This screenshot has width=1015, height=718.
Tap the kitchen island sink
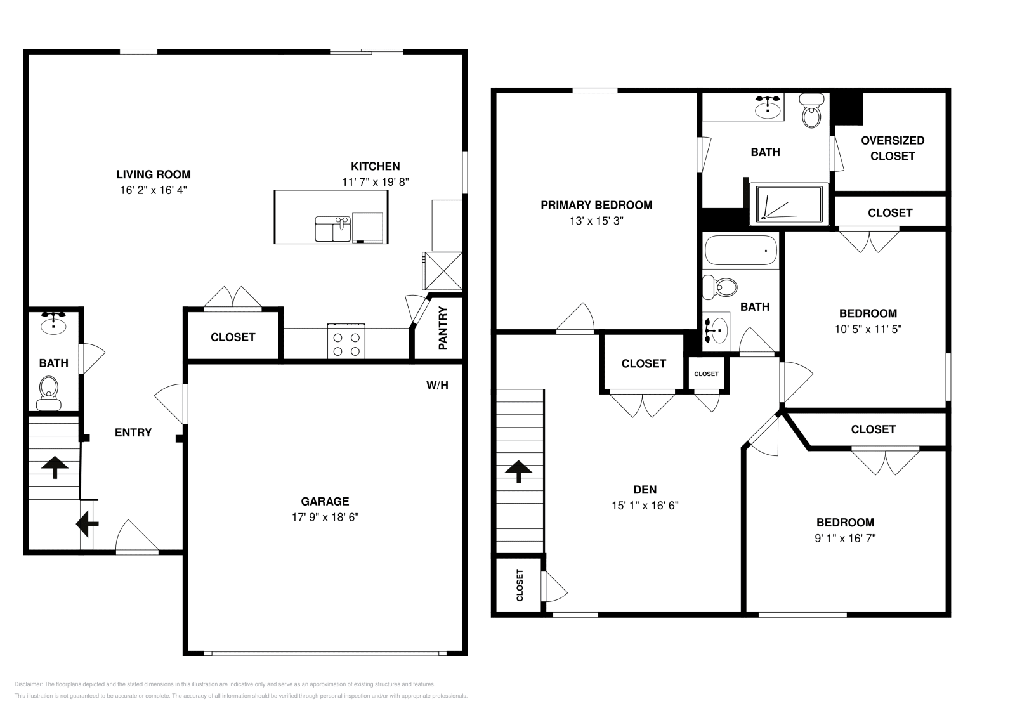click(x=333, y=228)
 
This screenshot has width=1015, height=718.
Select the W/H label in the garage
click(x=437, y=385)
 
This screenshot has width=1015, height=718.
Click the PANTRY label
click(x=443, y=329)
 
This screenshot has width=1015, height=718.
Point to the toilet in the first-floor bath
click(x=49, y=393)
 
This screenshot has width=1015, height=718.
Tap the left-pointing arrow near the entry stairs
click(x=87, y=524)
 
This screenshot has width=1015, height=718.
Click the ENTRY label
click(x=133, y=433)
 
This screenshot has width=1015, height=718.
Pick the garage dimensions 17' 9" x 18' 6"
click(x=325, y=517)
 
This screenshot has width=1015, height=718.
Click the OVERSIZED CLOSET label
click(x=892, y=148)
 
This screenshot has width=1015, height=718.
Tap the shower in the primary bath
click(x=789, y=204)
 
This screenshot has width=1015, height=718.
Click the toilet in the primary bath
click(x=811, y=112)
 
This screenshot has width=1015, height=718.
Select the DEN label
click(x=645, y=490)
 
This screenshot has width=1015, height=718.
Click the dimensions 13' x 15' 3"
click(x=596, y=221)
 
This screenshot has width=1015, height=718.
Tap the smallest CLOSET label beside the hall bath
click(x=706, y=374)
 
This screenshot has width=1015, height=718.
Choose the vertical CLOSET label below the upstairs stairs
click(x=520, y=585)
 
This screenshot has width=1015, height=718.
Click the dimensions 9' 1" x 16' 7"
click(x=844, y=538)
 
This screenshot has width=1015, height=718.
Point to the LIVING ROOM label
click(x=153, y=174)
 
